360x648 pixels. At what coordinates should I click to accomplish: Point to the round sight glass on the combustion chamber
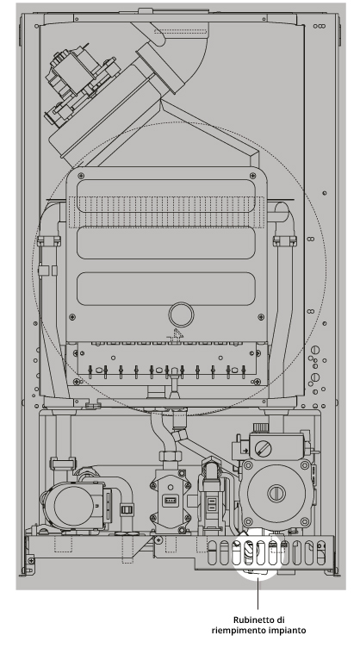pos(181,315)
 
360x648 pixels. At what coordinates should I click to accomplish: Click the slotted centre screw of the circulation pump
pos(276,493)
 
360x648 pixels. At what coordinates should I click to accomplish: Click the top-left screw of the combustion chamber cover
pos(81,176)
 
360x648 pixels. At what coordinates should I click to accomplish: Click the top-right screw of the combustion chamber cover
pos(253,176)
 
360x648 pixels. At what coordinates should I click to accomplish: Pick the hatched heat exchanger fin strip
pos(166,212)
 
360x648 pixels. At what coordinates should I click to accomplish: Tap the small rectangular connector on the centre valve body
pos(170,501)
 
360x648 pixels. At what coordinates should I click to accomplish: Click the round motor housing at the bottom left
pos(74,503)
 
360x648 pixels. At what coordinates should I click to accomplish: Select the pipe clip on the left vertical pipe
pos(49,240)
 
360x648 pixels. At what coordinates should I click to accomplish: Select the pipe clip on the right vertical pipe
pos(285,240)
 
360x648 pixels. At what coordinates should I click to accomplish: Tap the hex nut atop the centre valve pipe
pos(170,457)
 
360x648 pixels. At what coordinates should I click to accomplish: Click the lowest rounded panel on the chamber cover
pos(166,289)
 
